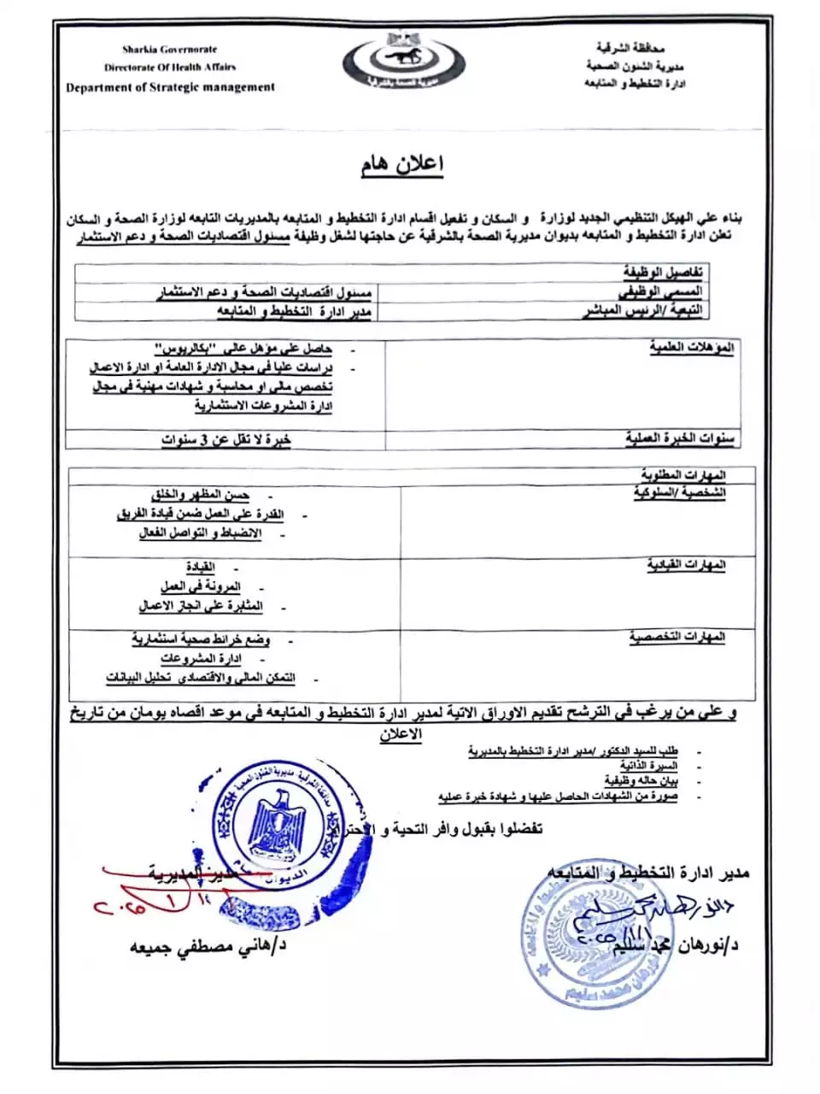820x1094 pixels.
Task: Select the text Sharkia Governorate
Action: pyautogui.click(x=169, y=50)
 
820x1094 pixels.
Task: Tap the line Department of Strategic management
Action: pyautogui.click(x=170, y=87)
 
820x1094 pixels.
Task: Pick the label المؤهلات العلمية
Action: pyautogui.click(x=692, y=349)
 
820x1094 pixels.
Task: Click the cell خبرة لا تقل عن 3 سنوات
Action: pyautogui.click(x=226, y=440)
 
